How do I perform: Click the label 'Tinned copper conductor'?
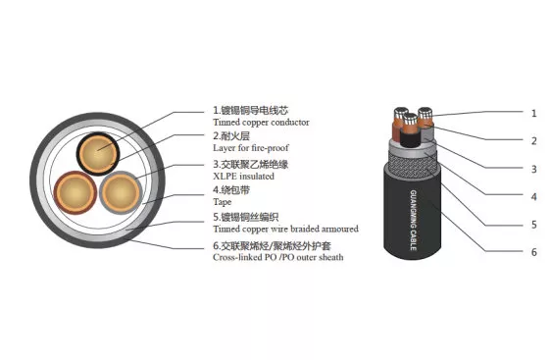(261, 123)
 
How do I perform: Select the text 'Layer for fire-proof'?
(251, 148)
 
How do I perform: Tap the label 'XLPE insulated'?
(243, 177)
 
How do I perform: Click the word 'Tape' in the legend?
(223, 202)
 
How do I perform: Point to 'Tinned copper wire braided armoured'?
(285, 229)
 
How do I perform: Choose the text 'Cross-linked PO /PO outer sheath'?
(278, 257)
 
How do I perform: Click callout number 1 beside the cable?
(533, 114)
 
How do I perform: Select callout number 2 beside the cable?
(533, 141)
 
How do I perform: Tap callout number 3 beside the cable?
(533, 169)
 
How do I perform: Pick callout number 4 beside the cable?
(533, 196)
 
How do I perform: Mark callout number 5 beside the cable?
(533, 225)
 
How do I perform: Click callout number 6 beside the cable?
(533, 252)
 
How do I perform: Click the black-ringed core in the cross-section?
(98, 154)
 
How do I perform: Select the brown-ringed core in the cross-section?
(75, 192)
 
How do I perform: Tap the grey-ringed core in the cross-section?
(121, 192)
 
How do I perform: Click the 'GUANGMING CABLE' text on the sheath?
(414, 221)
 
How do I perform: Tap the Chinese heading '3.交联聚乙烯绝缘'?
(251, 164)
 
